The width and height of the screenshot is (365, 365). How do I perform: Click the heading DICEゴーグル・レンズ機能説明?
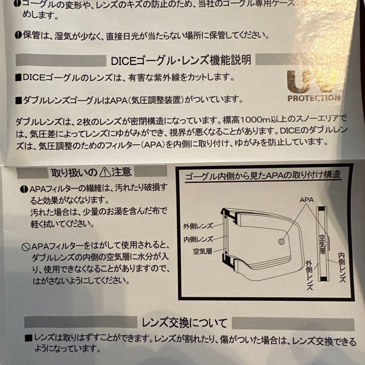(x=181, y=60)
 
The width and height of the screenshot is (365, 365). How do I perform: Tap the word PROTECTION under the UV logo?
(x=314, y=98)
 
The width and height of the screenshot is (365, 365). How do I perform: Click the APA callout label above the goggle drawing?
(x=307, y=200)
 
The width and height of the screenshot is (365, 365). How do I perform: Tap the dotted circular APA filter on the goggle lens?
(x=281, y=241)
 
